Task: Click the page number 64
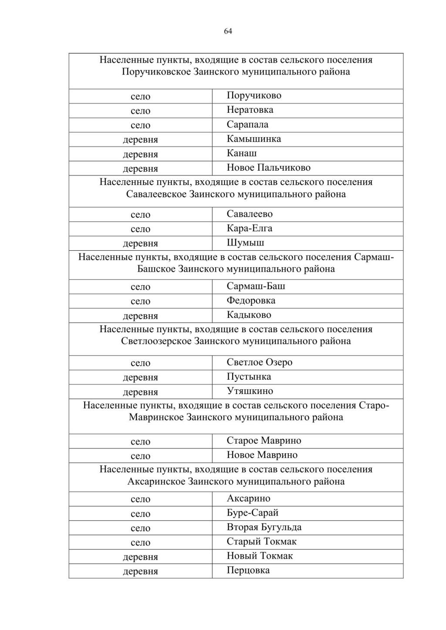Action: click(228, 31)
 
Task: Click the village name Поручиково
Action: click(254, 95)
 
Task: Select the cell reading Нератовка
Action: click(250, 110)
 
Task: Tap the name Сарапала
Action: click(247, 125)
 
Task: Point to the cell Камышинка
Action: click(253, 139)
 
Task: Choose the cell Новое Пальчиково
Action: click(268, 168)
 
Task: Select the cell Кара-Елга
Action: click(249, 228)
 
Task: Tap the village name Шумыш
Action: click(245, 243)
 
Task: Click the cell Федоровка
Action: click(251, 300)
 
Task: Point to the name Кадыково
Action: click(249, 315)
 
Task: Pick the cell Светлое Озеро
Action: click(259, 362)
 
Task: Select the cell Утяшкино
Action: click(250, 391)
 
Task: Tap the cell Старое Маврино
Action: click(264, 441)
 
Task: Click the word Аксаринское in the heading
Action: click(156, 482)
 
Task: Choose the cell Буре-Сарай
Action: click(252, 513)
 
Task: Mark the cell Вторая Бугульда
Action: click(264, 527)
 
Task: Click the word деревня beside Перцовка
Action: click(140, 571)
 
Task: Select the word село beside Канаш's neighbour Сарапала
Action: click(140, 125)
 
